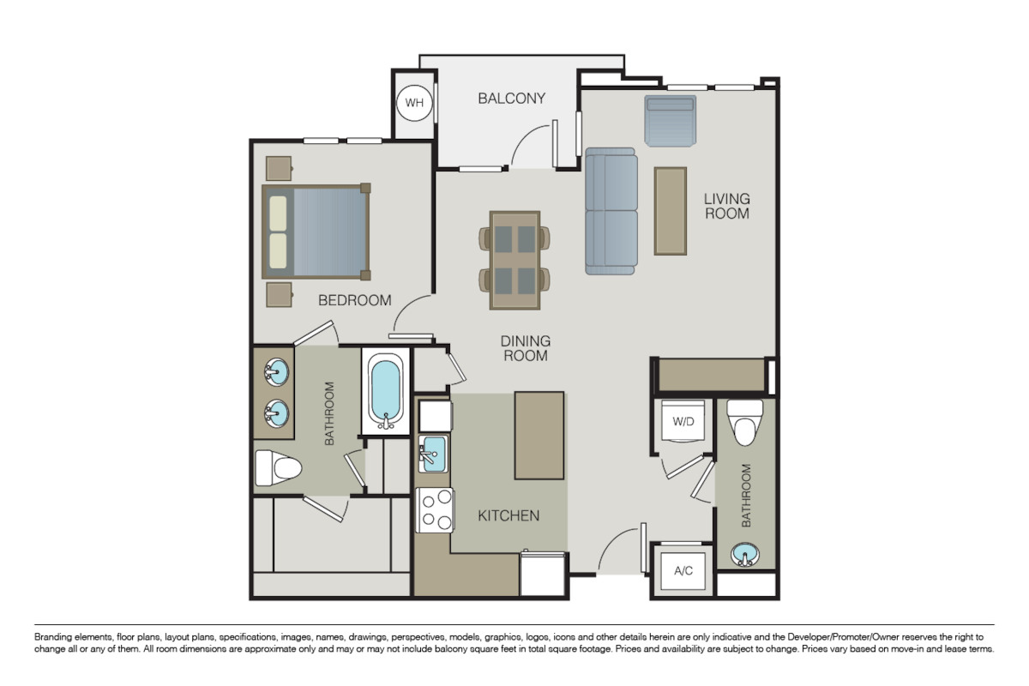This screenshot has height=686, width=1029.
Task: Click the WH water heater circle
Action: (414, 104)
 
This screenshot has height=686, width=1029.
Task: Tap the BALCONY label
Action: (511, 98)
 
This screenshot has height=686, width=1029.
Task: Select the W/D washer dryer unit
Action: (683, 421)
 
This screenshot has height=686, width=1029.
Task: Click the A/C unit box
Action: (683, 570)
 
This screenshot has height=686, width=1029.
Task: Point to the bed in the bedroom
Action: (316, 232)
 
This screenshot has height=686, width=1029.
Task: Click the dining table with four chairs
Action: (514, 260)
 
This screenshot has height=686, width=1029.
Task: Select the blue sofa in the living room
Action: (611, 211)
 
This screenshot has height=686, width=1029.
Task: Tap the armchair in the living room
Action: (670, 121)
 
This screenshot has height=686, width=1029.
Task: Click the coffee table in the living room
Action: (671, 211)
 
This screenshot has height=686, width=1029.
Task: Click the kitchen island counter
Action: (539, 435)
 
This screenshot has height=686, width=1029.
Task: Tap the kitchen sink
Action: (432, 451)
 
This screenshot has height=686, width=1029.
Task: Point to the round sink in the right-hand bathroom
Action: (745, 556)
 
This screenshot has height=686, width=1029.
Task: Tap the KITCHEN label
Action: (508, 515)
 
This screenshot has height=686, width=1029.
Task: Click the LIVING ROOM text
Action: (726, 206)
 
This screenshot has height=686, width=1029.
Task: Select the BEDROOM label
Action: (355, 300)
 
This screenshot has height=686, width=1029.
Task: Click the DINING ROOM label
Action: (526, 348)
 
